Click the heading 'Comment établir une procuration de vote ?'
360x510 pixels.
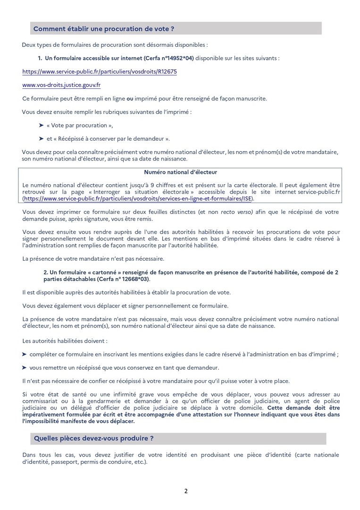click(x=104, y=29)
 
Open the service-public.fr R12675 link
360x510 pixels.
click(x=100, y=72)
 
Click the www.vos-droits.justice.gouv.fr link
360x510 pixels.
click(x=61, y=85)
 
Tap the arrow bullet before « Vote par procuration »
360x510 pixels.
click(x=41, y=126)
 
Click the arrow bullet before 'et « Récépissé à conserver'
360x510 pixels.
click(x=41, y=139)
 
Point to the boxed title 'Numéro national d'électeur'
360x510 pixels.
click(x=180, y=172)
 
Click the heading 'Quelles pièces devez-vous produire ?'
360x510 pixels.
click(x=93, y=438)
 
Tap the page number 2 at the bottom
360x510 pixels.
click(x=186, y=491)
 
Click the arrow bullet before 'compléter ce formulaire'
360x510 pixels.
click(x=25, y=354)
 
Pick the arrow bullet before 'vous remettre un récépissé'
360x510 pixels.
click(x=25, y=367)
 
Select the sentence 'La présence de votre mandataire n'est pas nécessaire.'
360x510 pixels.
click(x=93, y=259)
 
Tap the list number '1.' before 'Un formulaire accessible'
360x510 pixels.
click(x=40, y=59)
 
